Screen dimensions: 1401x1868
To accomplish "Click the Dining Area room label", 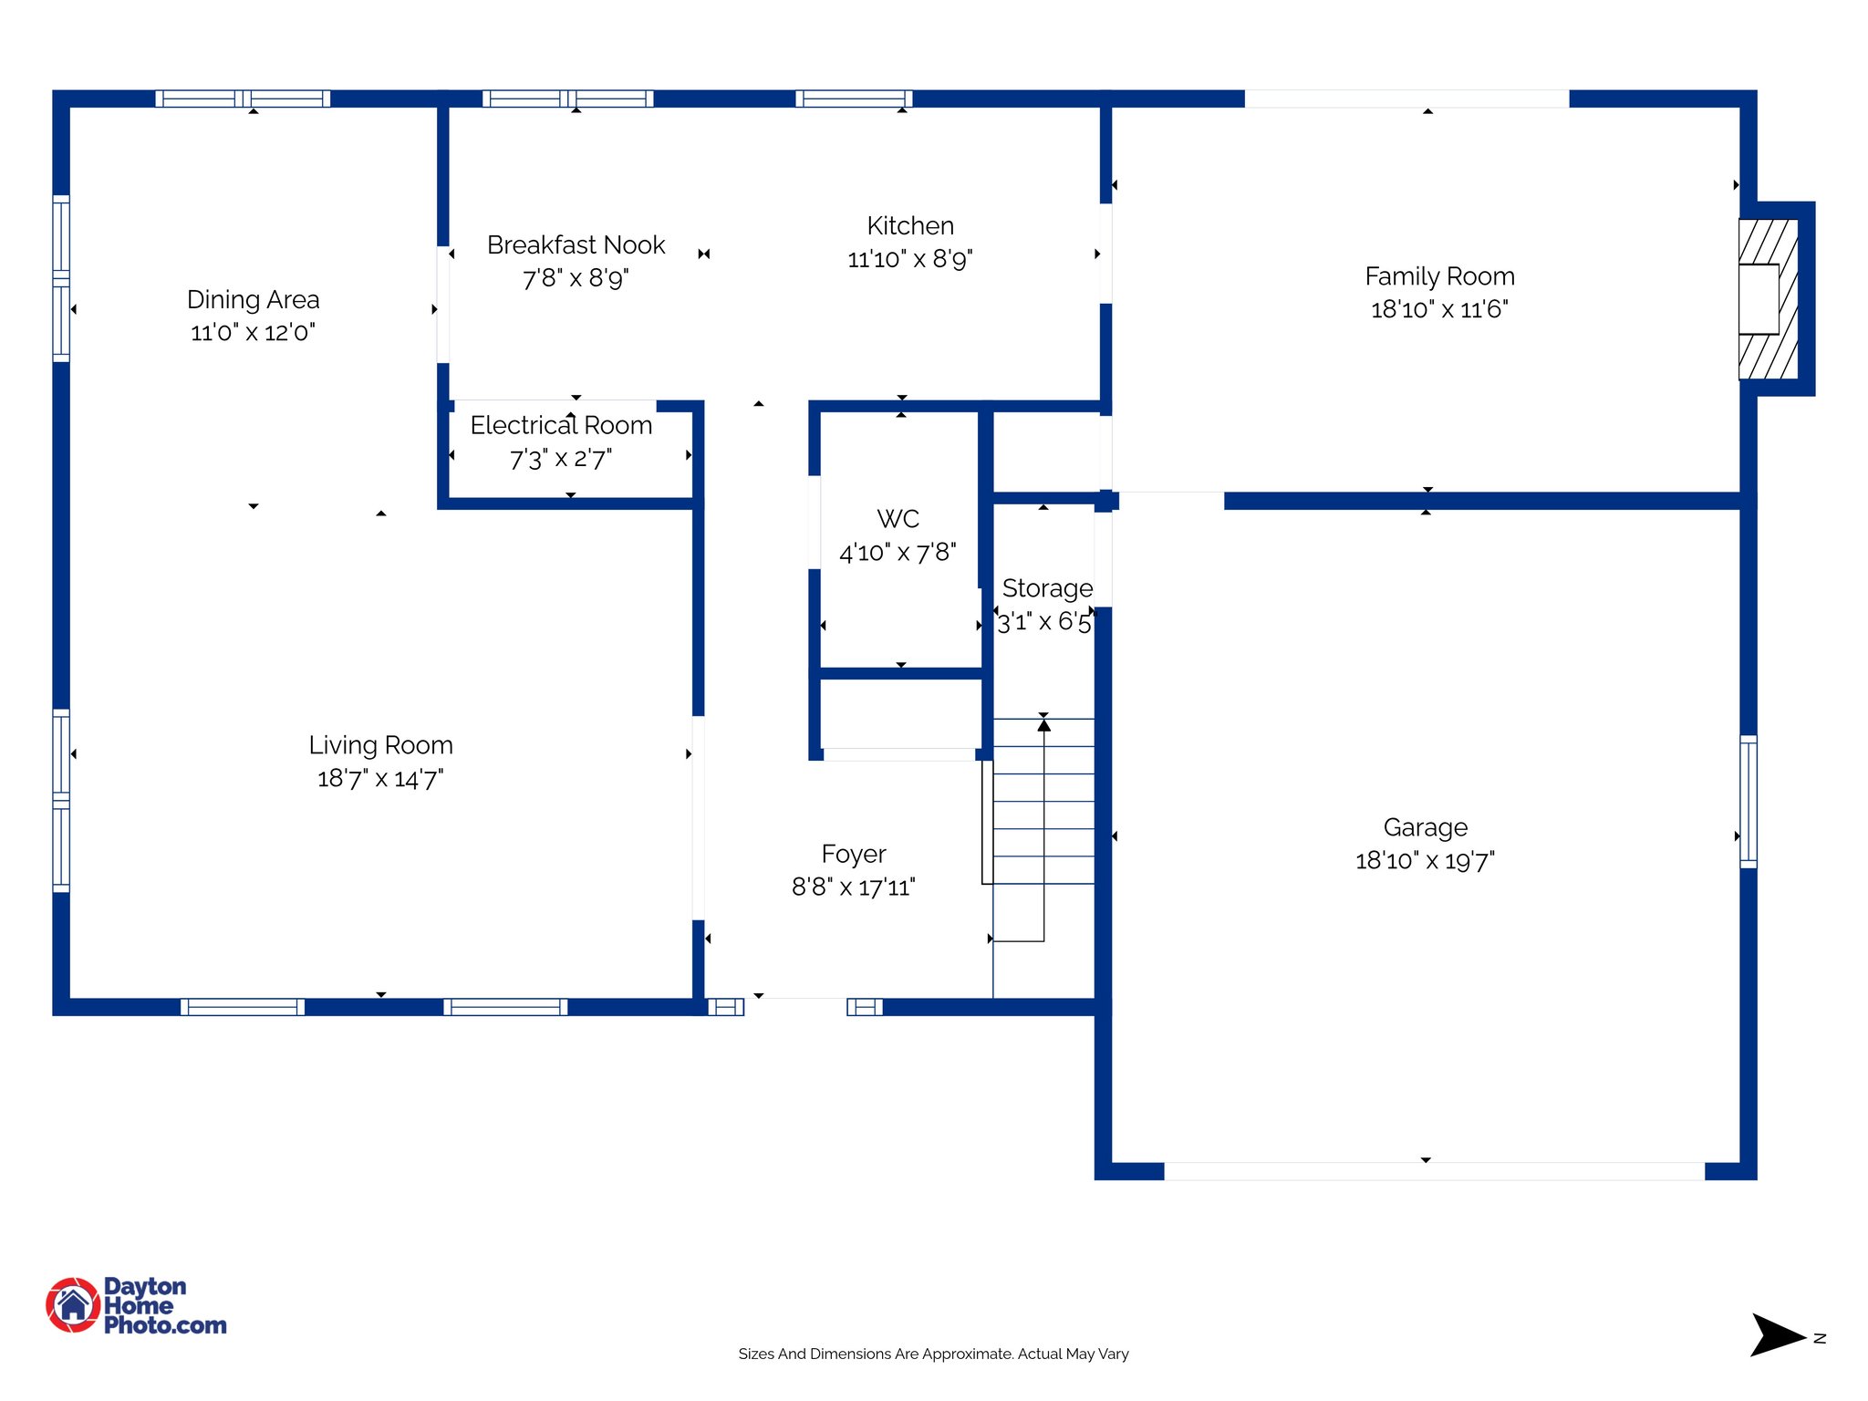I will (x=253, y=299).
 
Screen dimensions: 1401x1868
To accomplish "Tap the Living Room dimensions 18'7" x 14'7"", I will (x=380, y=779).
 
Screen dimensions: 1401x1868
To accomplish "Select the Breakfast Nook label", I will (x=576, y=244).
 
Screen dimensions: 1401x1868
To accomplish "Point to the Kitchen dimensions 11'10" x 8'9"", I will (x=909, y=260).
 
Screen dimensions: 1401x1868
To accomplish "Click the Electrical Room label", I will (x=561, y=425).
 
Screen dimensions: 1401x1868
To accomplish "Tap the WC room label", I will (x=898, y=519).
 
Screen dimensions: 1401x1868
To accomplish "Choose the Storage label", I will (x=1047, y=588).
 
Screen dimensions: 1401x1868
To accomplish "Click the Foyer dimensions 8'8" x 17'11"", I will (x=853, y=887).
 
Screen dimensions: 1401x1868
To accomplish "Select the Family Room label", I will (x=1439, y=275).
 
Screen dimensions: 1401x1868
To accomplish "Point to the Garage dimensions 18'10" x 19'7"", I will (x=1425, y=861).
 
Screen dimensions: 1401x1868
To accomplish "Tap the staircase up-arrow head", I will (x=1043, y=725).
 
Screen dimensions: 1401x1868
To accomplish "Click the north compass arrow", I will (x=1776, y=1335).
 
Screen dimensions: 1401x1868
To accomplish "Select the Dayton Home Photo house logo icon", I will (x=73, y=1304).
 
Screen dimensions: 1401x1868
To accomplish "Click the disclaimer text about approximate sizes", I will (x=933, y=1354).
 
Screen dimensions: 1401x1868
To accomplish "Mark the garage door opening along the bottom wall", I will (x=1434, y=1171).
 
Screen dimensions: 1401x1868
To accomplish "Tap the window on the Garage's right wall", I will (x=1748, y=801).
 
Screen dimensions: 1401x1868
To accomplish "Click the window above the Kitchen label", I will (x=854, y=99).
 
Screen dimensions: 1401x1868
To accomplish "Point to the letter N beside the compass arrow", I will (x=1820, y=1338).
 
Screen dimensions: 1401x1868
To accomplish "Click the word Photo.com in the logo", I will (x=165, y=1325).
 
